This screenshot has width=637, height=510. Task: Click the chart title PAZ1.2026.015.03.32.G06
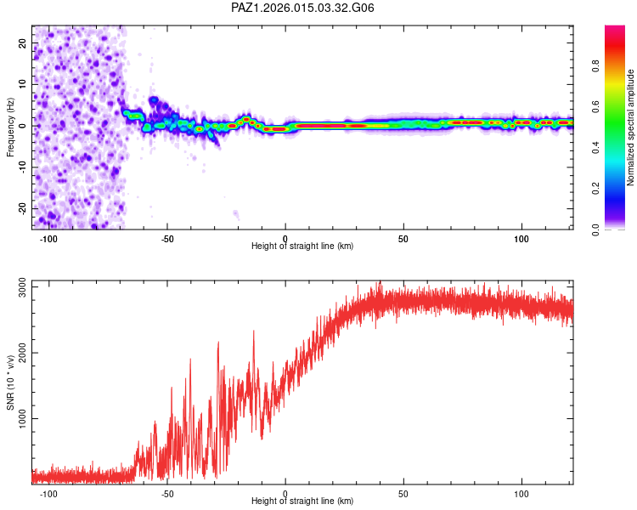tap(302, 8)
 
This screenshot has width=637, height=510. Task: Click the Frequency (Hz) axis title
tap(10, 127)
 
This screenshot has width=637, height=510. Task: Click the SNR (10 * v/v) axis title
tap(10, 382)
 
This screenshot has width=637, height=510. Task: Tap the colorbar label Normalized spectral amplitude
tap(630, 127)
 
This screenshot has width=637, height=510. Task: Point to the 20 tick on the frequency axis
tap(22, 42)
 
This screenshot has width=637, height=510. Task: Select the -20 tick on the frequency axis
tap(22, 208)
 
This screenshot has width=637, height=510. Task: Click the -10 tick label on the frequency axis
tap(22, 167)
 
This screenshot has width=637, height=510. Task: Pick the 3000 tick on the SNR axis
tap(22, 287)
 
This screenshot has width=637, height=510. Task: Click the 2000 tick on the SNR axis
tap(22, 353)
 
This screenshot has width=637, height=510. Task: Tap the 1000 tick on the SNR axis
tap(22, 418)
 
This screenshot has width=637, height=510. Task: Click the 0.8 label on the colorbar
tap(595, 66)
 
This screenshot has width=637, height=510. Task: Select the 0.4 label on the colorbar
tap(595, 148)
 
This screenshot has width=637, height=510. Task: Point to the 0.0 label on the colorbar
tap(595, 229)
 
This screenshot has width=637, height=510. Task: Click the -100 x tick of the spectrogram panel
tap(48, 239)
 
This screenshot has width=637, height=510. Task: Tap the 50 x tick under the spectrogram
tap(403, 239)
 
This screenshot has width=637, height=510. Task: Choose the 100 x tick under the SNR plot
tap(521, 494)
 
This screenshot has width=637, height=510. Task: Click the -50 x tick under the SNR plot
tap(167, 494)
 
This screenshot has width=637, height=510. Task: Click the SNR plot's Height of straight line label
tap(302, 501)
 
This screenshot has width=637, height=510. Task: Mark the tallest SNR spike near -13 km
tap(254, 331)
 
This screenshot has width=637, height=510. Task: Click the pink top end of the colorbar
tap(615, 27)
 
